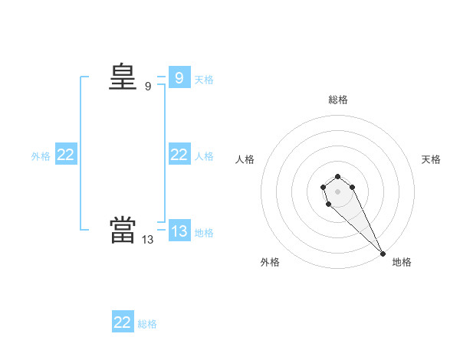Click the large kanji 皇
(123, 78)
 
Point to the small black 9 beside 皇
(148, 87)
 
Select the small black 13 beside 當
(147, 239)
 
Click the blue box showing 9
(179, 78)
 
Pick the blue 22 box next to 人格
(179, 155)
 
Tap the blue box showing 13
(179, 231)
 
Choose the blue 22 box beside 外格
(66, 155)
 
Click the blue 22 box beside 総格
(123, 322)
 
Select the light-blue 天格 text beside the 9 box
(204, 80)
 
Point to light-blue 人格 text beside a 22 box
(204, 156)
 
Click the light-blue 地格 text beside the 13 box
(204, 233)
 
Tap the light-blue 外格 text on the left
(41, 156)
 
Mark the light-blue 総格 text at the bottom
(147, 324)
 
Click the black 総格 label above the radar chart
(338, 100)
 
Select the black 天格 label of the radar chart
(432, 159)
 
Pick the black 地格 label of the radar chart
(402, 262)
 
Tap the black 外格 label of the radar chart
(270, 262)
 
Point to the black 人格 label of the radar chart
(245, 159)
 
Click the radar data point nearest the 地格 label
(383, 254)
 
